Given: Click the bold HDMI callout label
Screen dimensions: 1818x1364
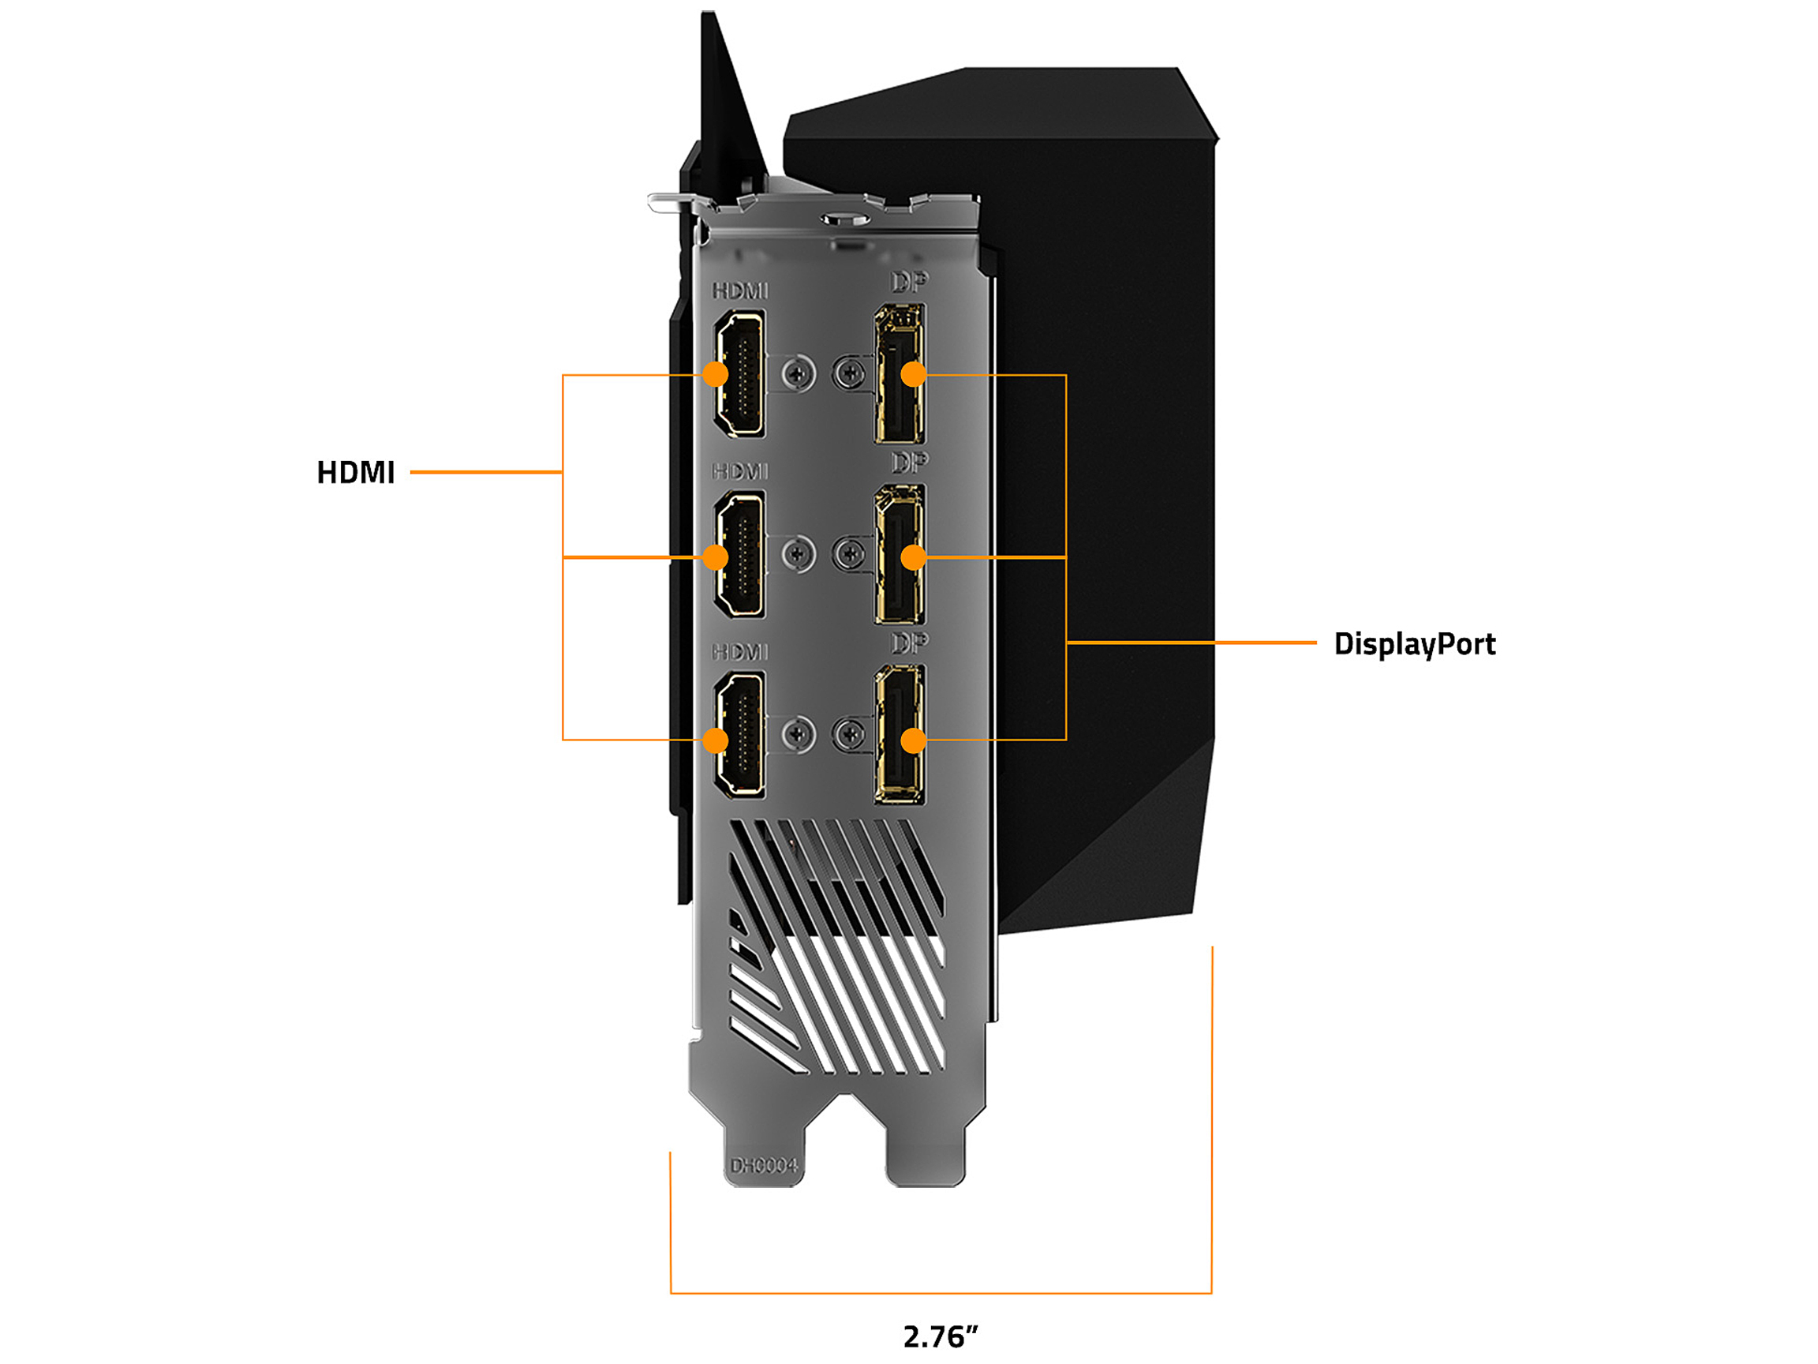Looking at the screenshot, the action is tap(356, 473).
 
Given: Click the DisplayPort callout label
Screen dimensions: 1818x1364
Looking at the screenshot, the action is tap(1415, 645).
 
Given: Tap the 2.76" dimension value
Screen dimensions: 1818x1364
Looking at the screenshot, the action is tap(941, 1337).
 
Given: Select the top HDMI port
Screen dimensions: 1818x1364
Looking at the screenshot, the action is tap(739, 374).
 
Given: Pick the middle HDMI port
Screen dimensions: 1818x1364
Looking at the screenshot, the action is tap(739, 555).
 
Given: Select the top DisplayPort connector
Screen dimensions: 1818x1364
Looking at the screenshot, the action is tap(900, 374).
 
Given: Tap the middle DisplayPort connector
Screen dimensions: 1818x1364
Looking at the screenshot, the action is tap(900, 555).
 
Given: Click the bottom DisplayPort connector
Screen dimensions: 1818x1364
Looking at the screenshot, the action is tap(900, 734).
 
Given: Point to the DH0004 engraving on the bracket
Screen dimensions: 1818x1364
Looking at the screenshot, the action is tap(764, 1166).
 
